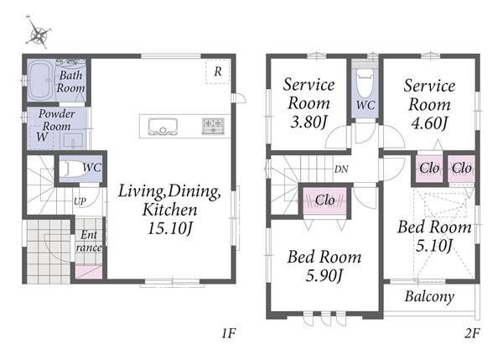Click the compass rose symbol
pos(39,32)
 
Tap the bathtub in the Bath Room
pos(40,81)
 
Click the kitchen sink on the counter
pos(163,127)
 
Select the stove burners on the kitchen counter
pos(213,125)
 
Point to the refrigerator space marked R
pos(218,71)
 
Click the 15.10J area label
pos(170,228)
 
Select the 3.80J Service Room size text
pos(309,122)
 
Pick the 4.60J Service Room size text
pos(429,123)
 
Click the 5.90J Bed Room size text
pos(324,275)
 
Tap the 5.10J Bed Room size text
pos(434,246)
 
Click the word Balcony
pos(429,297)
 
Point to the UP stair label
pos(80,201)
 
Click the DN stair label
pos(341,170)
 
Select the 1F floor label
pos(229,333)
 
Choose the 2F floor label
pos(472,333)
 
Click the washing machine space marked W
pos(42,137)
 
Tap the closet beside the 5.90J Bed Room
pos(325,201)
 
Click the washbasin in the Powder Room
pos(74,141)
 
